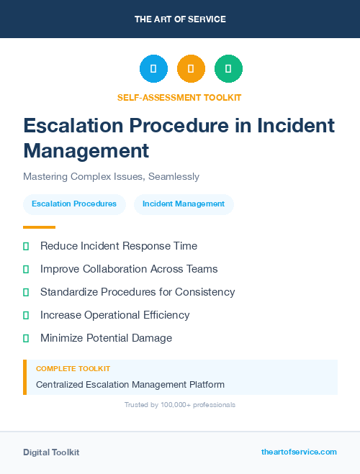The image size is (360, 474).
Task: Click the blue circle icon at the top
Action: click(153, 68)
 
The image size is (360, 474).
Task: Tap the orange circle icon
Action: click(191, 68)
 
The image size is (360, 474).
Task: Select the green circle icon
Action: click(228, 68)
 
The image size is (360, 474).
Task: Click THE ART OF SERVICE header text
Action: click(180, 19)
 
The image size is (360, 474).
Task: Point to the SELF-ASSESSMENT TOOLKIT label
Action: click(179, 97)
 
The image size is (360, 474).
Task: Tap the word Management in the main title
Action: click(86, 151)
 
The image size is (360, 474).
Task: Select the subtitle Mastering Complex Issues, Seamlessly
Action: click(111, 176)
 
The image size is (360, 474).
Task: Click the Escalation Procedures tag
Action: click(74, 204)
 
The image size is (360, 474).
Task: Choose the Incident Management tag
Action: click(184, 204)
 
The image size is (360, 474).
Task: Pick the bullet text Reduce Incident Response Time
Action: click(118, 246)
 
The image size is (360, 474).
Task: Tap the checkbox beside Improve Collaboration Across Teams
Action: click(26, 269)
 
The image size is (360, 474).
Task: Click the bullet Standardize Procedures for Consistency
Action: click(138, 292)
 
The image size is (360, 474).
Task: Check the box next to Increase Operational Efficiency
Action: click(26, 315)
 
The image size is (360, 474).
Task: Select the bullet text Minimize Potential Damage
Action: click(106, 338)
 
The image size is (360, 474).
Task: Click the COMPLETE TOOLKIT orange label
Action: click(73, 368)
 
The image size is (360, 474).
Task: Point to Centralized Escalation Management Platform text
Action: click(130, 385)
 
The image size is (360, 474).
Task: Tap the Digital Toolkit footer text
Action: click(51, 452)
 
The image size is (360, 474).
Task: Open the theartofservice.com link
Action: click(299, 452)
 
